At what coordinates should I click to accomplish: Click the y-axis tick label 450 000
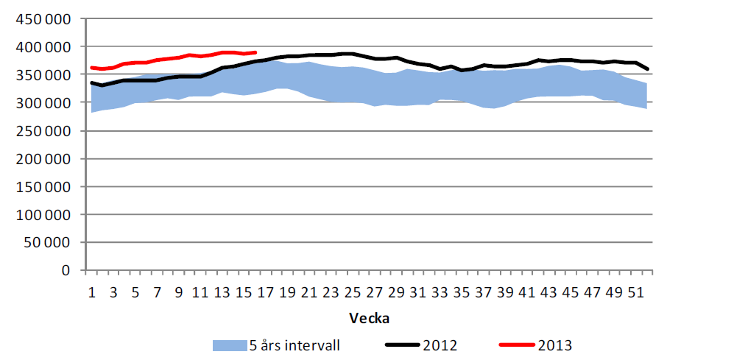pyautogui.click(x=45, y=18)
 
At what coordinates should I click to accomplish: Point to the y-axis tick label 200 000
pyautogui.click(x=45, y=158)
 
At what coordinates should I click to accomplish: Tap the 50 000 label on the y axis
pyautogui.click(x=49, y=242)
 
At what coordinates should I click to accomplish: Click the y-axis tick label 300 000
pyautogui.click(x=45, y=102)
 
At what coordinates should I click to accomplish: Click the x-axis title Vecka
pyautogui.click(x=369, y=318)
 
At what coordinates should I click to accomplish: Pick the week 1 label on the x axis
pyautogui.click(x=92, y=292)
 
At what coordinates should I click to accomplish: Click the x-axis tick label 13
pyautogui.click(x=222, y=292)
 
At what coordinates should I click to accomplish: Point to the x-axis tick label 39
pyautogui.click(x=505, y=292)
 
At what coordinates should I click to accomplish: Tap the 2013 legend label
pyautogui.click(x=554, y=345)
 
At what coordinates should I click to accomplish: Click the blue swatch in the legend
pyautogui.click(x=229, y=345)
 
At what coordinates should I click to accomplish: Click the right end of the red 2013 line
pyautogui.click(x=255, y=52)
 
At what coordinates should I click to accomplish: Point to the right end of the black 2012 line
pyautogui.click(x=646, y=69)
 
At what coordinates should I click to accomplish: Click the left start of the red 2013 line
pyautogui.click(x=91, y=68)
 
